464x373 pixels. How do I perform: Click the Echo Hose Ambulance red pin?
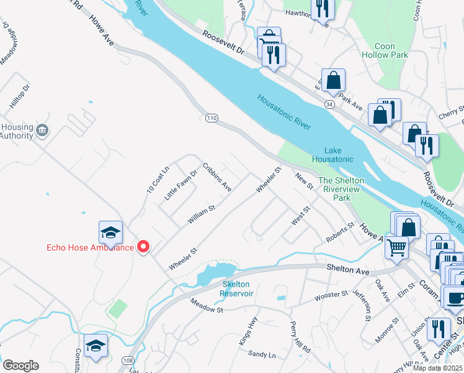(x=143, y=247)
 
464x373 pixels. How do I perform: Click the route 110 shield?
(x=212, y=118)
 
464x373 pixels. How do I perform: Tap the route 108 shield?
(x=127, y=361)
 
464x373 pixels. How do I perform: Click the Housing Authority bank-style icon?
(x=42, y=131)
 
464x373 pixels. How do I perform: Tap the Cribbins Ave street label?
(x=217, y=178)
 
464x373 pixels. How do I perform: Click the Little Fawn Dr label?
(x=180, y=185)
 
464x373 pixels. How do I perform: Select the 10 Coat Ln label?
(x=158, y=180)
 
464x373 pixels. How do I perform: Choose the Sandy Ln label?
(x=261, y=354)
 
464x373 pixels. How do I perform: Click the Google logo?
(x=20, y=366)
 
